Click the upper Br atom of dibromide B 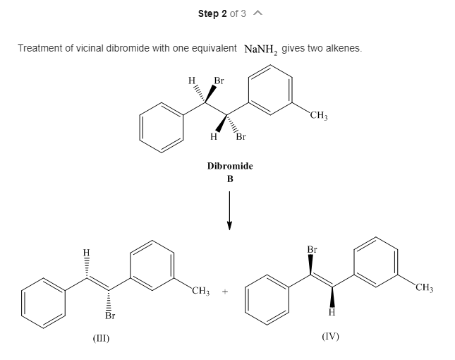coord(219,80)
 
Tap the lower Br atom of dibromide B coord(241,136)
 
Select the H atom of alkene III coord(86,252)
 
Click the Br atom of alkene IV coord(313,250)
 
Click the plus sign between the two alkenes coord(226,291)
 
